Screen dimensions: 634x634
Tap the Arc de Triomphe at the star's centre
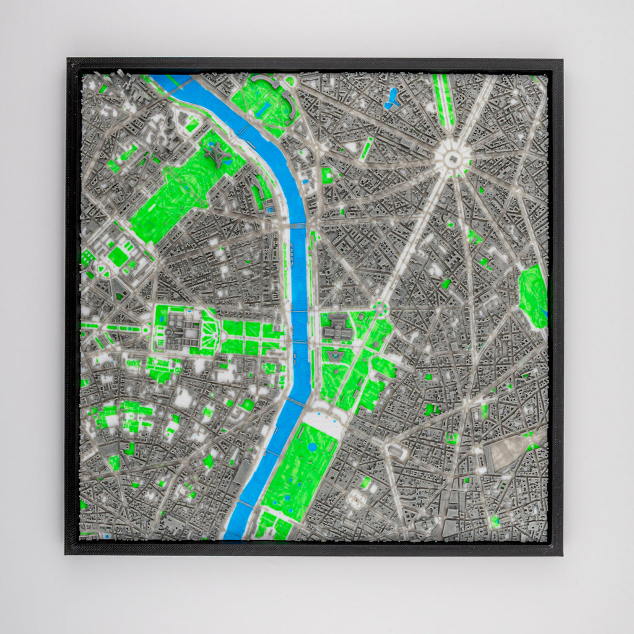[x=453, y=157]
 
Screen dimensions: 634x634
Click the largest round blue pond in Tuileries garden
[x=313, y=446]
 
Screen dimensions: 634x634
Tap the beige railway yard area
[x=508, y=455]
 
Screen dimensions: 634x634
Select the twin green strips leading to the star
[x=445, y=99]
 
